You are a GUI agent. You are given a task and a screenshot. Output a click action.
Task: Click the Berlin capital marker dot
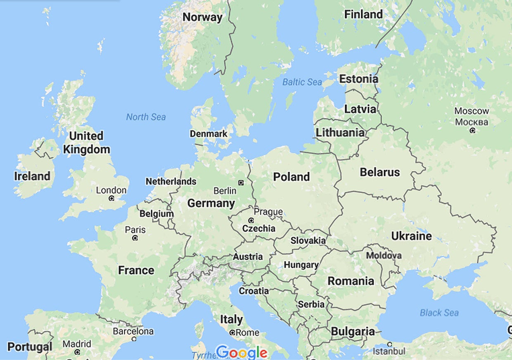click(x=241, y=182)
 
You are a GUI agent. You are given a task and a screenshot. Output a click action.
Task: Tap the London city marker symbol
click(x=111, y=199)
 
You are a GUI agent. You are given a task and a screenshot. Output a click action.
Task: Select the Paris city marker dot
click(x=135, y=238)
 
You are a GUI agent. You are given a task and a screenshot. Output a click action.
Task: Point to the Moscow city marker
click(x=472, y=130)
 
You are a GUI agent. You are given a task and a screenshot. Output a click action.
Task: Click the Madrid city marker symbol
click(x=77, y=352)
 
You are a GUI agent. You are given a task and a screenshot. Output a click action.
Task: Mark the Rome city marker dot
click(x=232, y=332)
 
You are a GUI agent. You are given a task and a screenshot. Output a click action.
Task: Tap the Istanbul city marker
click(x=389, y=344)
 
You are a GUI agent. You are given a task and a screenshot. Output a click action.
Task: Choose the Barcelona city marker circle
click(x=134, y=339)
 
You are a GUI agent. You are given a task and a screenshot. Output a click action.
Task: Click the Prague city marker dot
click(x=251, y=220)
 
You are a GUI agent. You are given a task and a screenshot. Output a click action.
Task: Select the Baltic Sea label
click(x=302, y=82)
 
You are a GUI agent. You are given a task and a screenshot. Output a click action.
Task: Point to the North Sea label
click(x=146, y=117)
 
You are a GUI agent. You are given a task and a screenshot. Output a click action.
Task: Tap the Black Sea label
click(x=439, y=313)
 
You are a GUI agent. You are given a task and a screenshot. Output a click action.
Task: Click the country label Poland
click(x=292, y=177)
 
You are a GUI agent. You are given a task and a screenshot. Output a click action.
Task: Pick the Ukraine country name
click(x=411, y=236)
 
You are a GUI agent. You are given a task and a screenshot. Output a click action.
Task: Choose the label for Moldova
click(x=384, y=256)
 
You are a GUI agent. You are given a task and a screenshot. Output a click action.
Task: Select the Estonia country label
click(x=358, y=79)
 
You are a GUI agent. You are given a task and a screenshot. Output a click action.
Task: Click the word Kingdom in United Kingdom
click(x=86, y=149)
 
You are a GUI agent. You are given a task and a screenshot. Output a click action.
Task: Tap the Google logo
click(x=242, y=352)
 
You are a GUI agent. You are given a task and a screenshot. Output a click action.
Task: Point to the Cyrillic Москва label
click(x=472, y=122)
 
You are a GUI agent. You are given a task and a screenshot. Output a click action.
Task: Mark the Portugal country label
click(x=30, y=347)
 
